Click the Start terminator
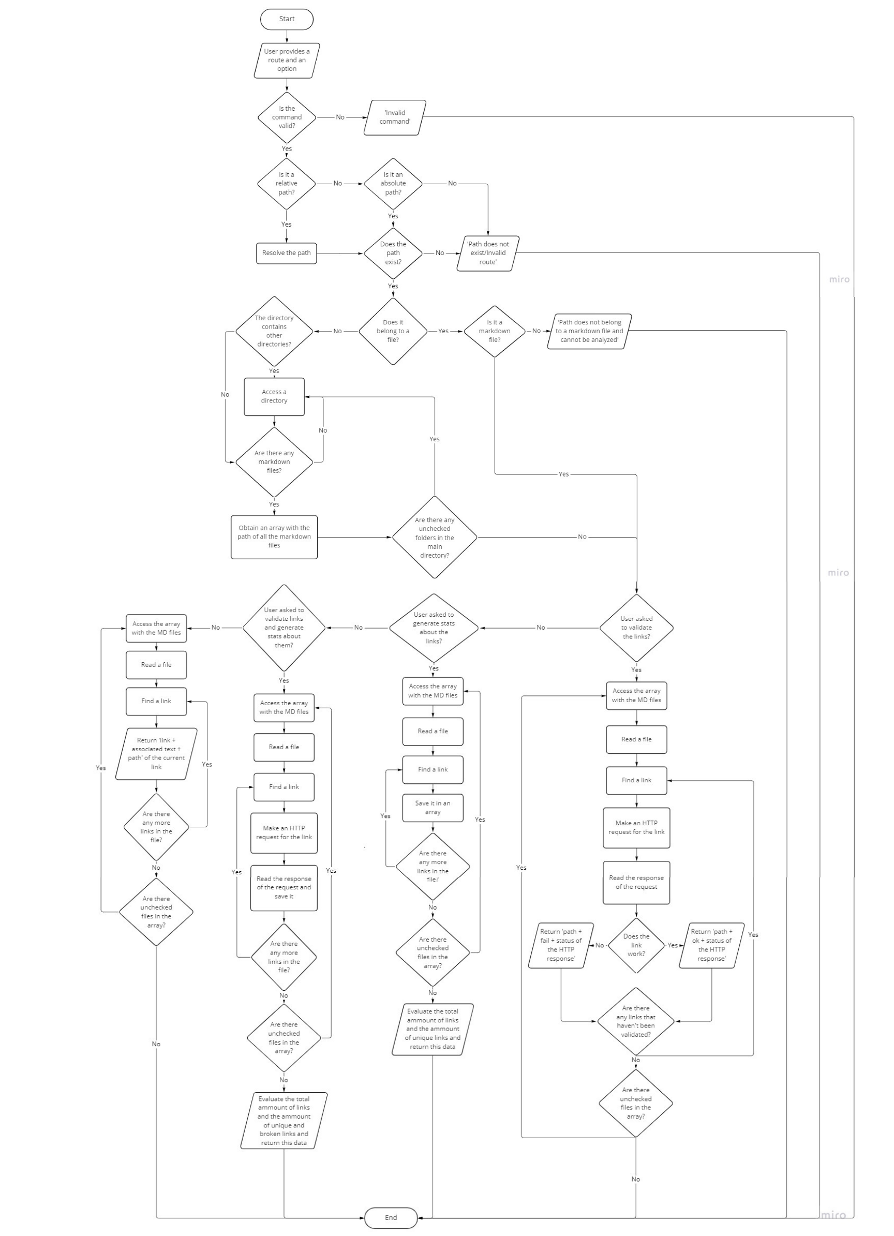click(x=287, y=19)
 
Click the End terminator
click(x=391, y=1217)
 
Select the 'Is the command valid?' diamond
click(x=287, y=117)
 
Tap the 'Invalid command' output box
click(x=395, y=117)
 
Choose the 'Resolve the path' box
click(x=286, y=253)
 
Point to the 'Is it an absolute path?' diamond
click(x=393, y=184)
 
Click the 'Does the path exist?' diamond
click(x=393, y=253)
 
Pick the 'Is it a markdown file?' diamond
click(x=495, y=331)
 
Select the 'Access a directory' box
click(x=274, y=396)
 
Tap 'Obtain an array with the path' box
click(x=274, y=537)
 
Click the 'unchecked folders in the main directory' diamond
click(x=435, y=538)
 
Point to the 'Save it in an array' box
click(x=433, y=808)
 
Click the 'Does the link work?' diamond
click(x=636, y=945)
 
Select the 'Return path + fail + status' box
click(x=561, y=945)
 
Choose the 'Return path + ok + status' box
click(x=711, y=945)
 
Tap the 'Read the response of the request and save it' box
click(x=284, y=887)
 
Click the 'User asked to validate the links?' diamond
click(x=636, y=628)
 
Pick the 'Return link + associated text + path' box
click(x=156, y=754)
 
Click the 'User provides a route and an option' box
click(x=287, y=61)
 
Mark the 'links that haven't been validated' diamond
click(x=636, y=1021)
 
